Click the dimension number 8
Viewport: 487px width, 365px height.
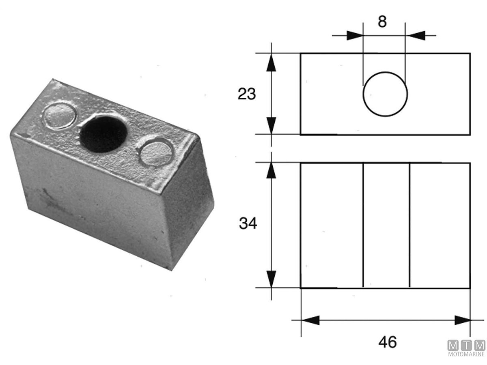tap(382, 22)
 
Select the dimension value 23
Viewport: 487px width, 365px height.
tap(246, 94)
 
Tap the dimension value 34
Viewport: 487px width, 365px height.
tap(248, 223)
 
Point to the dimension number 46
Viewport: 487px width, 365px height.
tap(388, 342)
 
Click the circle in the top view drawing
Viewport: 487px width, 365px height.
tap(363, 94)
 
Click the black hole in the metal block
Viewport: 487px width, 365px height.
tap(103, 134)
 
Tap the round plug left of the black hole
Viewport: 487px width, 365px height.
tap(59, 116)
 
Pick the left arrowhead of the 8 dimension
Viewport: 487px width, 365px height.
tap(355, 35)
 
